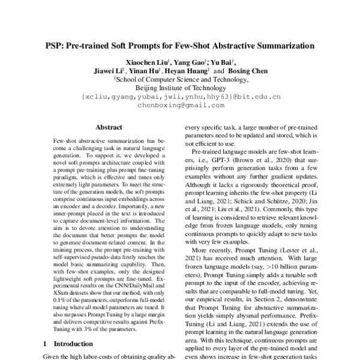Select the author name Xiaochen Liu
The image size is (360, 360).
[x=145, y=61]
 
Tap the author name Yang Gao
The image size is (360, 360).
[x=189, y=61]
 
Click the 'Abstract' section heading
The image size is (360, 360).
[x=109, y=127]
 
